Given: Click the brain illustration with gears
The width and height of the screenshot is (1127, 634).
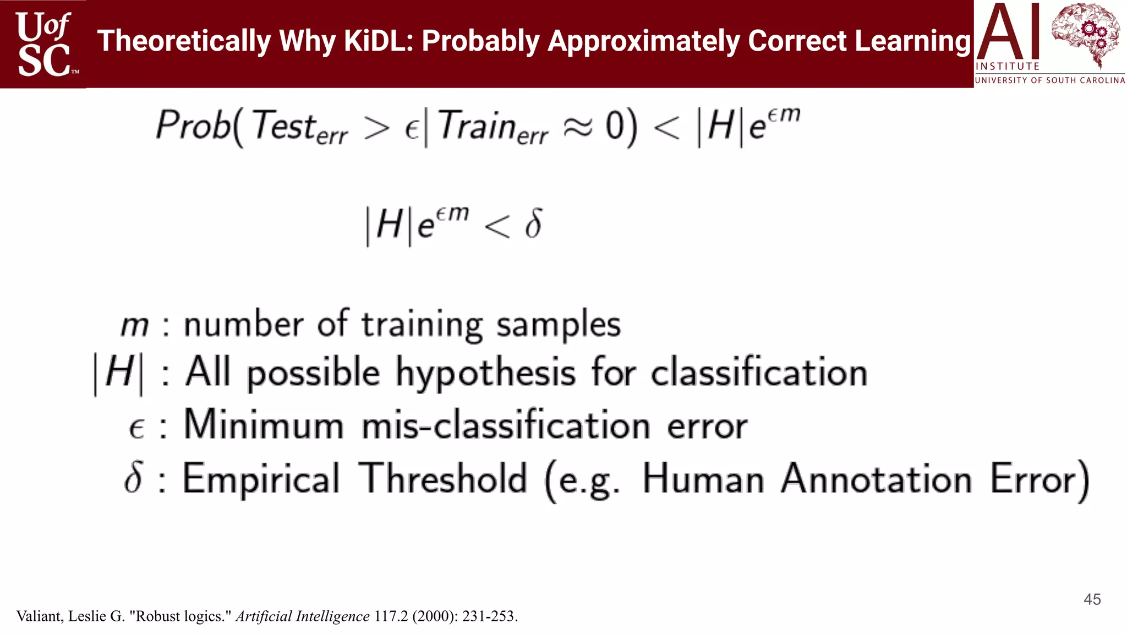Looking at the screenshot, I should coord(1085,34).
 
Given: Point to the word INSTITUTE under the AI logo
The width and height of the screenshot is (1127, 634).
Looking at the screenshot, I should coord(1008,67).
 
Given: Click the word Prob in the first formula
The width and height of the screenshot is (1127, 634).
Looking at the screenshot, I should coord(193,125).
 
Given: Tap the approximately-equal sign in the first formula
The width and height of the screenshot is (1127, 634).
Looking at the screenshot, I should coord(578,127).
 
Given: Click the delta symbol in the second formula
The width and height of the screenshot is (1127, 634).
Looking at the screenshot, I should coord(533,223).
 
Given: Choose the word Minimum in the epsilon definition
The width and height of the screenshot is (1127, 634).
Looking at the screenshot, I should coord(264,425).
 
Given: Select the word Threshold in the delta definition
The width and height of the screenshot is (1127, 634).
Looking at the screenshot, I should coord(443,478).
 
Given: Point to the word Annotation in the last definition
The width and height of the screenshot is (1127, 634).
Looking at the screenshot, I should coord(877,478).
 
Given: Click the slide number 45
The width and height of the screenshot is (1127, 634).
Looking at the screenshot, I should coord(1092,599).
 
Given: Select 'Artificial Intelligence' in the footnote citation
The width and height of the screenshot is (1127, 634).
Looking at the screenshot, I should coord(303,616).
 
